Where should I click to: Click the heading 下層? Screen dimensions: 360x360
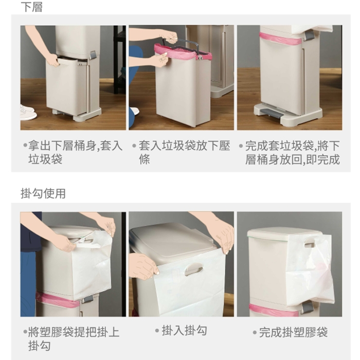[31, 7]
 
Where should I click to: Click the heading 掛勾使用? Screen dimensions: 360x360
[43, 193]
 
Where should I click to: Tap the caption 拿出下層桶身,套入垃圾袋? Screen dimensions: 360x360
[75, 152]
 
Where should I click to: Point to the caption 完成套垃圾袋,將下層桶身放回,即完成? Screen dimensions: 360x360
[292, 153]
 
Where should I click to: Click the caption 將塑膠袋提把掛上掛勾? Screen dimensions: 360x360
[74, 338]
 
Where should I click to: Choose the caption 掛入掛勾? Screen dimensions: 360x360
[184, 331]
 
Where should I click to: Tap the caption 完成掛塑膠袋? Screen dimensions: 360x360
[293, 332]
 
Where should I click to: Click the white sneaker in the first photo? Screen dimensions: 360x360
[28, 113]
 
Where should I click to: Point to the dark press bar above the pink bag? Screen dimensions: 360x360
[180, 43]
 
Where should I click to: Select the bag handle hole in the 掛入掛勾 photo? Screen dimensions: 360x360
[194, 269]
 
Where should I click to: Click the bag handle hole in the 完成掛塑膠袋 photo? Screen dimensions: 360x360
[310, 242]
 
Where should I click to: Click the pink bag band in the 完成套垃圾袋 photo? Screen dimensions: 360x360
[280, 39]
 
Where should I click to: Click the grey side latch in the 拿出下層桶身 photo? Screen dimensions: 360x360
[93, 56]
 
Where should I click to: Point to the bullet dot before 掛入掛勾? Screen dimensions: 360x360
[157, 331]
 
